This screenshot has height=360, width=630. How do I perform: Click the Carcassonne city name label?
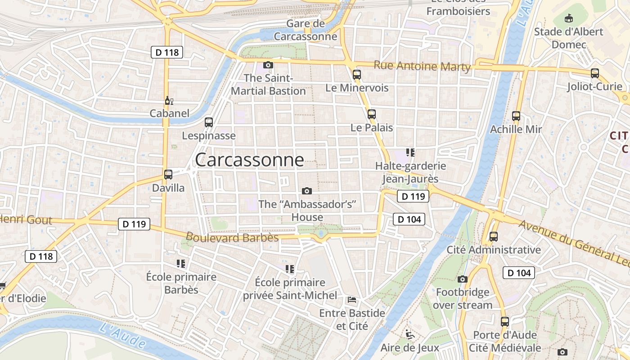coord(249,160)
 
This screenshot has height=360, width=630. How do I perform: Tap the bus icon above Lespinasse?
coord(209,122)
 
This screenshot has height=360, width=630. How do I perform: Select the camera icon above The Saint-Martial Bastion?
coord(268,65)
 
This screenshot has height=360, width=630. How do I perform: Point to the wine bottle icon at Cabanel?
coord(169,100)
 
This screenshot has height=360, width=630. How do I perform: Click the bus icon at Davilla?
coord(168,174)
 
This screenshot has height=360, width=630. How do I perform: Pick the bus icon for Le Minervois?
coord(357,75)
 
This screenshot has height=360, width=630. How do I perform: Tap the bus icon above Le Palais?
coord(372,114)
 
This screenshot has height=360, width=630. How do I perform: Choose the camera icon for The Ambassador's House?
coord(307,191)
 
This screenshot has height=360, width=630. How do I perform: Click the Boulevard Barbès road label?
coord(232,237)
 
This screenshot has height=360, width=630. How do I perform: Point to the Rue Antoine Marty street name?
coord(422,67)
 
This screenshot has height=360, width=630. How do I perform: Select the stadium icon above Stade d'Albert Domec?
coord(569,18)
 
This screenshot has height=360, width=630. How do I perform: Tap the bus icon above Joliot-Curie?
coord(595,73)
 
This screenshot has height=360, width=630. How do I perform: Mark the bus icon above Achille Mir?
coord(516,116)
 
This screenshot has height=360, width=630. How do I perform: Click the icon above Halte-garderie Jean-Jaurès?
coord(410,153)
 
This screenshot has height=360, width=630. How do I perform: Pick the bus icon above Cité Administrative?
coord(494,236)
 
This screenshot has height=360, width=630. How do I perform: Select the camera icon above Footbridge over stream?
coord(463,279)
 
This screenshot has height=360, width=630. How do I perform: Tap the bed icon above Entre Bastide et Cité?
coord(352,300)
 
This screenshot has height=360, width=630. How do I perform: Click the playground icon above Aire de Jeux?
coord(409,334)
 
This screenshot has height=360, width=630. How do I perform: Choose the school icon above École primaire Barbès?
coord(181,264)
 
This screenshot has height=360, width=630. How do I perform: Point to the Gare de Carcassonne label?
coord(306,30)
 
